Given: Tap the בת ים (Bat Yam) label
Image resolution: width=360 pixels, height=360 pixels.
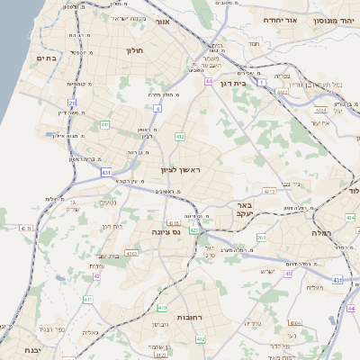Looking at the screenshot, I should click(x=46, y=58).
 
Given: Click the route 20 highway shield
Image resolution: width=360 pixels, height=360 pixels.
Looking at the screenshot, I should click(x=72, y=103).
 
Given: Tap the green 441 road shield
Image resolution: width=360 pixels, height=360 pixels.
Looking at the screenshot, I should click(x=105, y=124).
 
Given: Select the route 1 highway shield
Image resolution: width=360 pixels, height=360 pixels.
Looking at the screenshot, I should click(x=262, y=82).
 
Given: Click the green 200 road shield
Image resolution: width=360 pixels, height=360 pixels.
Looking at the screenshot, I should click(x=261, y=238).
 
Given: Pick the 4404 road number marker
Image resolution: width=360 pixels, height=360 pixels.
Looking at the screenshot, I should click(x=349, y=217).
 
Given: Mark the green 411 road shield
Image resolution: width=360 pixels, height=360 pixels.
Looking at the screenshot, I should click(x=87, y=299).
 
